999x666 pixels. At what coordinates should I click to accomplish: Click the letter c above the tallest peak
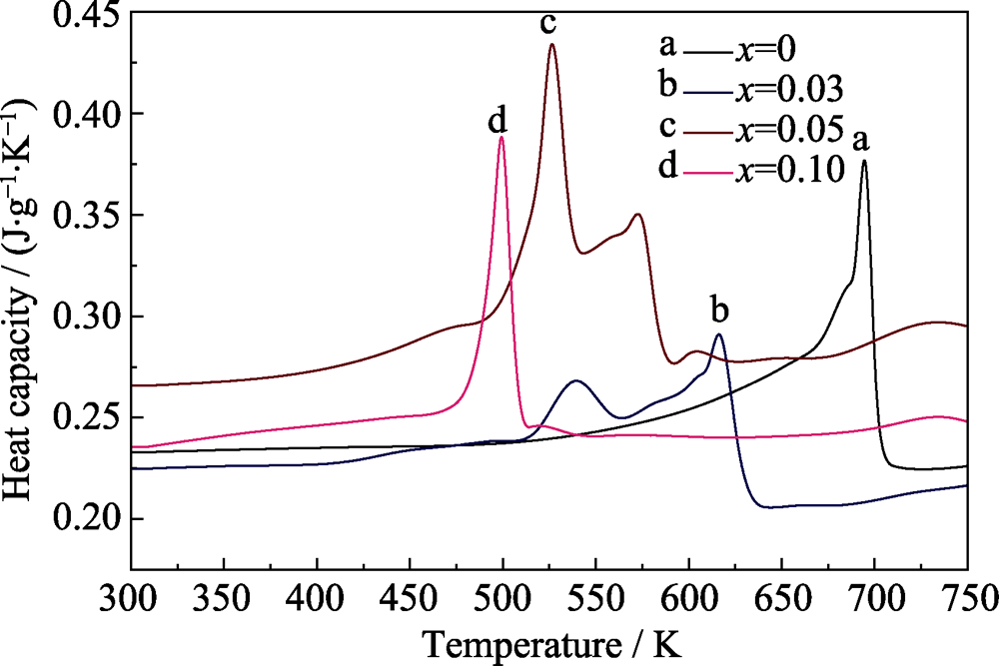point(548,24)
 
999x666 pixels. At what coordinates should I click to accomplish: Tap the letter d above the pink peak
point(498,122)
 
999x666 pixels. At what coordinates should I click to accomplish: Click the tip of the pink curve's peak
point(500,138)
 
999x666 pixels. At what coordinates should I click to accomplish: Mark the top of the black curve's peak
point(864,161)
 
